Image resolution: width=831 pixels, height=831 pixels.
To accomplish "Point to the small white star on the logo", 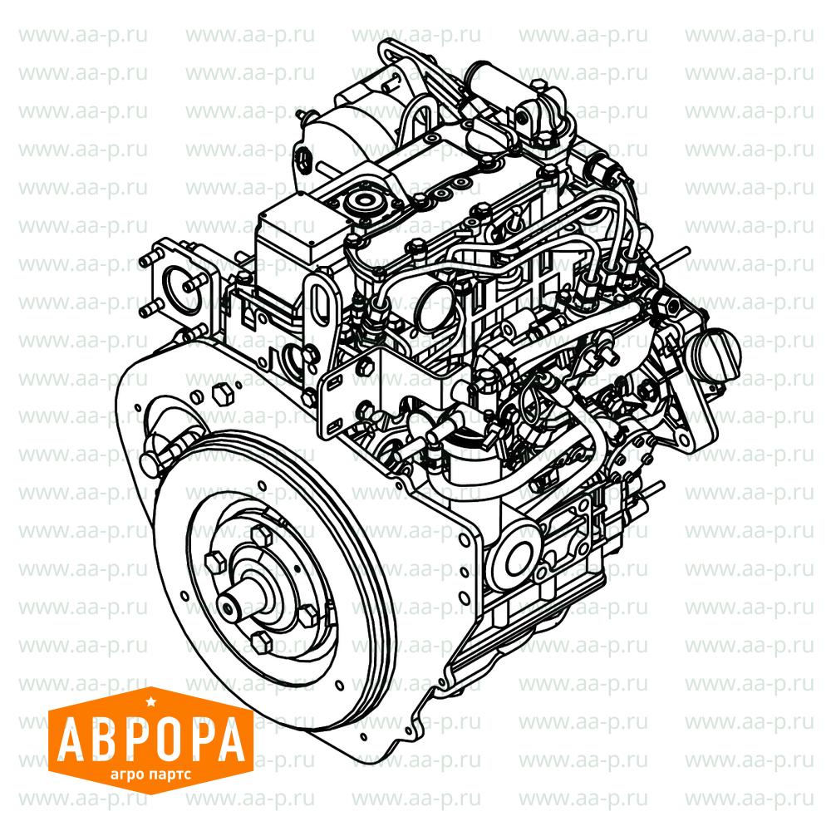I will click(150, 703).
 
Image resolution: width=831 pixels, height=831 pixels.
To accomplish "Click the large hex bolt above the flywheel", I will click(222, 393).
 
